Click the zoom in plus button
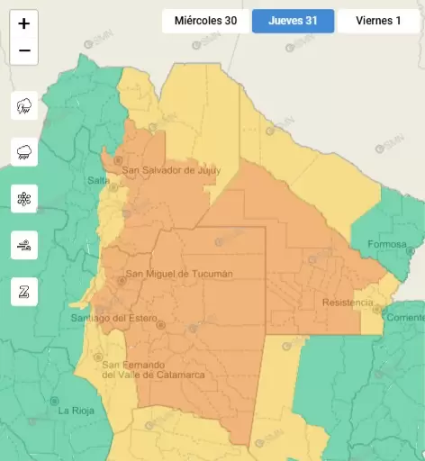point(24,23)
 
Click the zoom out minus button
point(24,50)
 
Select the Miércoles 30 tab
point(205,21)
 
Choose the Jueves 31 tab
point(293,21)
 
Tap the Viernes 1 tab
point(378,21)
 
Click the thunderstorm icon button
point(24,106)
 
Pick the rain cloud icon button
point(24,152)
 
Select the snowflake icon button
point(24,198)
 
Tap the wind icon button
point(24,244)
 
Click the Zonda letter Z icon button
point(24,291)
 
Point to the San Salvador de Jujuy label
point(170,170)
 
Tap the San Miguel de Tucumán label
point(178,274)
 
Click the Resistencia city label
point(347,303)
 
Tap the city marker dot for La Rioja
point(56,401)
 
